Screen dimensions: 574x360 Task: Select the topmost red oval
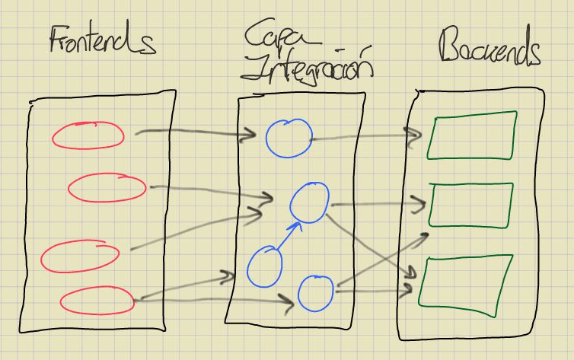[x=88, y=135]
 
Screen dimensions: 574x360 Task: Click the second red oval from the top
[x=107, y=188]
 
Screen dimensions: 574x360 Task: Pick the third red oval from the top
[x=80, y=257]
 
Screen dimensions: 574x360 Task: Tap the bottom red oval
[x=97, y=301]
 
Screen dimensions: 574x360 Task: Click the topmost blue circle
[x=289, y=136]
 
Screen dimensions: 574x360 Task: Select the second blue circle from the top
[x=309, y=202]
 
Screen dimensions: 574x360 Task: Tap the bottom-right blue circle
[x=315, y=292]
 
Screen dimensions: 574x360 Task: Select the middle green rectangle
[x=470, y=205]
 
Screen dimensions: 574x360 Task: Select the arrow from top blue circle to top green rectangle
[x=365, y=138]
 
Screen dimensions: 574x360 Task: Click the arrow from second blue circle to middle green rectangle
[x=377, y=203]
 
